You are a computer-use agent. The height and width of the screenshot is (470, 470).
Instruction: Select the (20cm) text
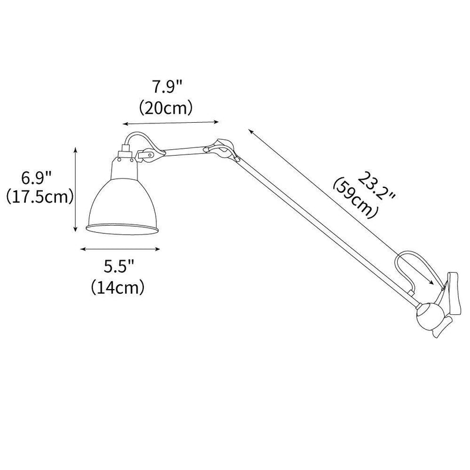point(167,108)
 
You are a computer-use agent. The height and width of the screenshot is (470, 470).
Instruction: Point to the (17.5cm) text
point(38,197)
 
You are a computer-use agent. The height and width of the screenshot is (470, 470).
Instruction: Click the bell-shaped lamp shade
point(123,203)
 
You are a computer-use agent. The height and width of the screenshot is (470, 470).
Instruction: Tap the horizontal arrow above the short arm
point(170,123)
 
